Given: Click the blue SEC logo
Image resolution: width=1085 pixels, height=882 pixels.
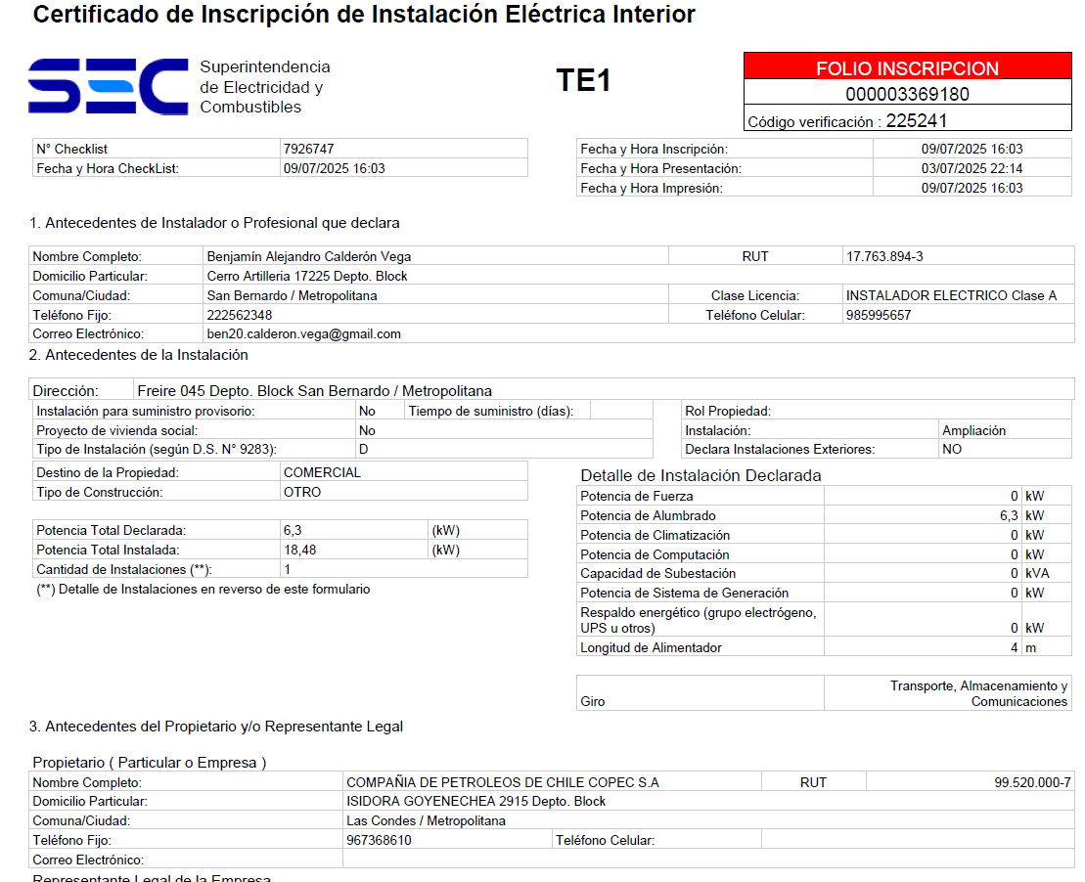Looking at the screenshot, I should point(108,86).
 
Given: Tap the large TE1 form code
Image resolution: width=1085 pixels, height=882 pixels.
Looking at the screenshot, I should point(583,80).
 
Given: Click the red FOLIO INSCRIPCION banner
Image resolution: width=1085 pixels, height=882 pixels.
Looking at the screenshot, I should point(907,68).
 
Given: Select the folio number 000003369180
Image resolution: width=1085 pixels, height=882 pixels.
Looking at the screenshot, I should point(907,95).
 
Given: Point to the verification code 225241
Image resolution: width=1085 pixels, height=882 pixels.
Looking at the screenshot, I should point(916,121).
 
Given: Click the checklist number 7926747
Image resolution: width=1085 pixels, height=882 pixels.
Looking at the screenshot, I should point(308,150).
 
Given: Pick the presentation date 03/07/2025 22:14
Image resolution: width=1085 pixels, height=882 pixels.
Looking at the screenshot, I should point(972,168).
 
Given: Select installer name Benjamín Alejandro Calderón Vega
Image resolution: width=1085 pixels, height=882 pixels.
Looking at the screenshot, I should point(308,256).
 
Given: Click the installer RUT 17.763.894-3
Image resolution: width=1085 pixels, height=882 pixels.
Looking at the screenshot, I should point(884,256).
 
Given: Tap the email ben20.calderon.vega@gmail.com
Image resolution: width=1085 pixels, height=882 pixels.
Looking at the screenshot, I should point(303,333).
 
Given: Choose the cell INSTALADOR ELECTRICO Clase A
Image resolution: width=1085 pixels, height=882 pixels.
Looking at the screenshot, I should point(951,295).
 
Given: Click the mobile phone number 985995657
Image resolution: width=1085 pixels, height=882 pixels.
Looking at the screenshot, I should point(878,315).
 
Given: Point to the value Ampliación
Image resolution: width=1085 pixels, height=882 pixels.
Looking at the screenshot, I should point(973,430).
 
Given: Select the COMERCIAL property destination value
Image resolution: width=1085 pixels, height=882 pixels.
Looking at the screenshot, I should point(322,472).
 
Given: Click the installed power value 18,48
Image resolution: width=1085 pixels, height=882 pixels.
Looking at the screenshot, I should point(299,550).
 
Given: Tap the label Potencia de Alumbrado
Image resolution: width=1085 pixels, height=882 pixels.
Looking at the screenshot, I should point(648,515).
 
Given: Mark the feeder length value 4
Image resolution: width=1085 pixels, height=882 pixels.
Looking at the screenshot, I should point(1015,647).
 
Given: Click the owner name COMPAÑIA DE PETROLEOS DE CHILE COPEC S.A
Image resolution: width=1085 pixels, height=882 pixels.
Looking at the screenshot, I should point(503,782).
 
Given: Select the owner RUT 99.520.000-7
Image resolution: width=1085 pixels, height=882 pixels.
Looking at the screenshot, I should point(1032,782).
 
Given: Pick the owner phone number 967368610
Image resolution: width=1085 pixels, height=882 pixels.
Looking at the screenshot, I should point(379,840).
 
